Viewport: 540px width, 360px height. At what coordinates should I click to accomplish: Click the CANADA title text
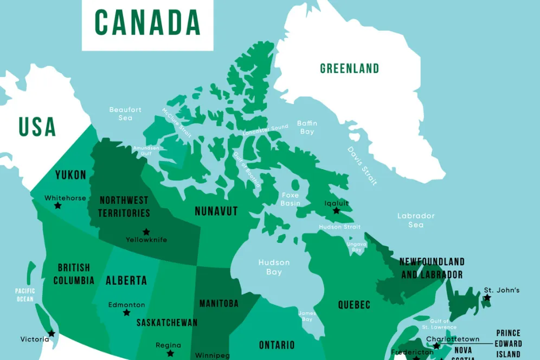tap(147, 22)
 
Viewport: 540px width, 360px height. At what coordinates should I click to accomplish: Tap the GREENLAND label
tap(349, 69)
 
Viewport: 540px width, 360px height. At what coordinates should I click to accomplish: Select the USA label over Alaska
tap(37, 126)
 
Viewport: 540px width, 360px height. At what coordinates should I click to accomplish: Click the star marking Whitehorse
tap(57, 206)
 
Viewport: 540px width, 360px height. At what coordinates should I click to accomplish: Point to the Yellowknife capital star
tap(146, 232)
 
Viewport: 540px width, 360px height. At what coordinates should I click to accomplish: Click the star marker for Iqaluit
tap(336, 210)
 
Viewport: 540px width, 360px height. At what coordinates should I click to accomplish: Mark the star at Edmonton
tap(126, 313)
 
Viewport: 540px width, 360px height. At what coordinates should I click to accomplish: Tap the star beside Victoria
tap(52, 333)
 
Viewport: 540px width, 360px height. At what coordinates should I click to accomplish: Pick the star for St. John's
tap(487, 298)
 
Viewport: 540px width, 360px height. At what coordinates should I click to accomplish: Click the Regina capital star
tap(170, 353)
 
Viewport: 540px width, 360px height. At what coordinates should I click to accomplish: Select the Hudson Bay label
tap(274, 267)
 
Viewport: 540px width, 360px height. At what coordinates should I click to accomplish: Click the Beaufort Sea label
tap(125, 113)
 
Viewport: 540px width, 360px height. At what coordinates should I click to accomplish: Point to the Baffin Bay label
tap(307, 127)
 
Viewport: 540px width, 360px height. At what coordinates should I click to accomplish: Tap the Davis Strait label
tap(362, 166)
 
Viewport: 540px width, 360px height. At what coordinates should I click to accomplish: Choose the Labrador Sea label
tap(416, 220)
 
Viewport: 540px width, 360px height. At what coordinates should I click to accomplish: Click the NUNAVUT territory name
tap(216, 211)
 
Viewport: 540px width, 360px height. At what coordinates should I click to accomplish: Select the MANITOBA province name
tap(219, 304)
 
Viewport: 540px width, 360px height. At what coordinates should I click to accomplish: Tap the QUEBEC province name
tap(355, 305)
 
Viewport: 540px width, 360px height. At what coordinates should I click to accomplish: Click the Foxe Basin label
tap(290, 199)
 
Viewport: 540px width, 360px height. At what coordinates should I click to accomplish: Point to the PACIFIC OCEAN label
tap(25, 295)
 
